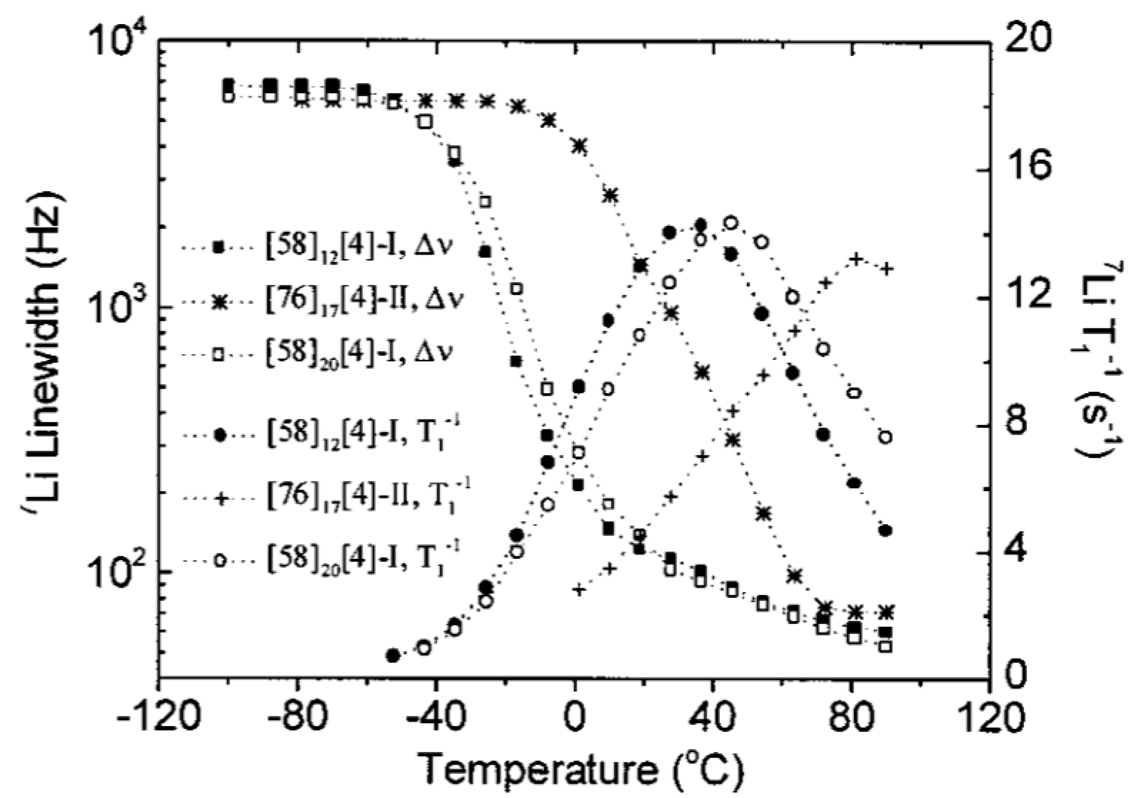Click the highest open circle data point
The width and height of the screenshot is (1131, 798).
pos(731,223)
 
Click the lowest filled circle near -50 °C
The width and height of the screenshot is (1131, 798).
pos(393,655)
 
